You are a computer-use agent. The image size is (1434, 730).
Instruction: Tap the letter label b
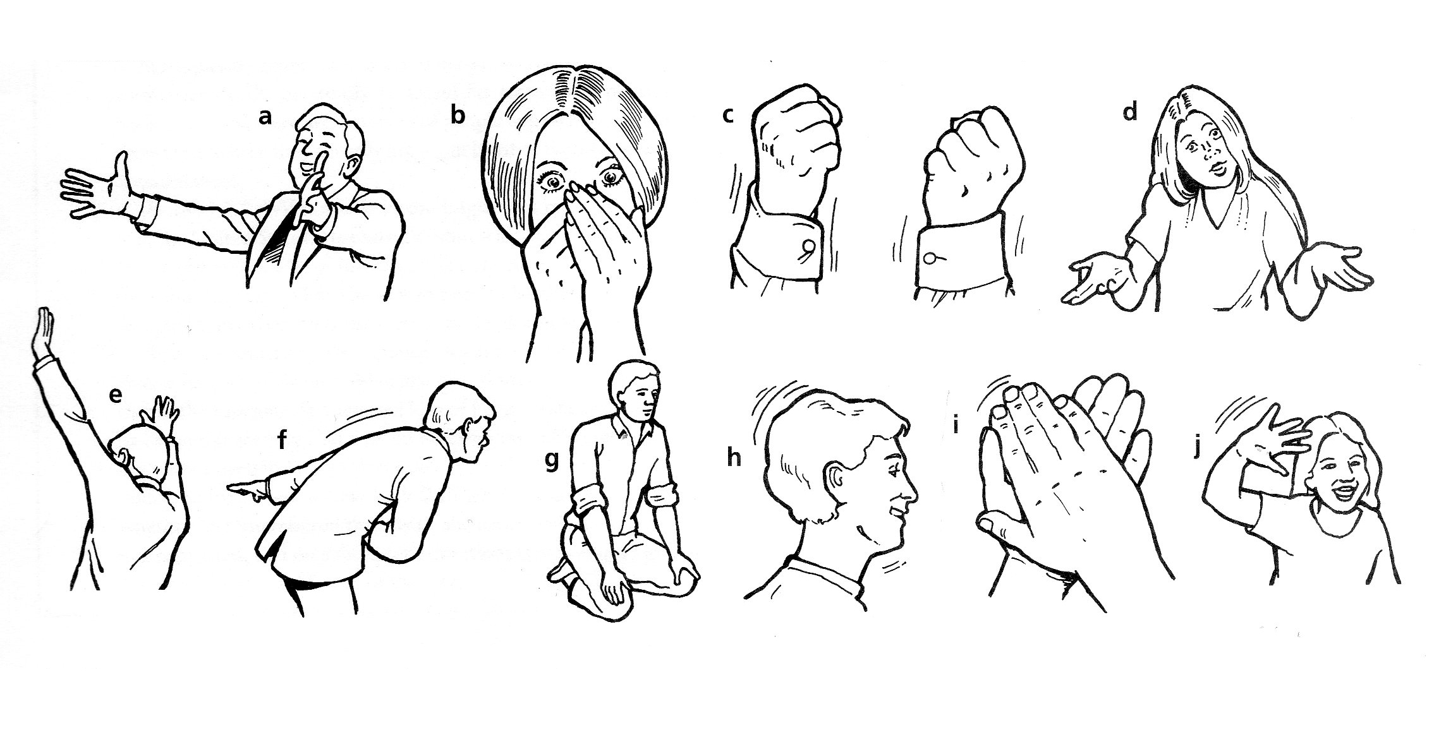[x=457, y=116]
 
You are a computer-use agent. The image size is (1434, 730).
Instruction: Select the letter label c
[x=729, y=116]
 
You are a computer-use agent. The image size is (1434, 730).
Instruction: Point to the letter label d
[x=1130, y=112]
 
